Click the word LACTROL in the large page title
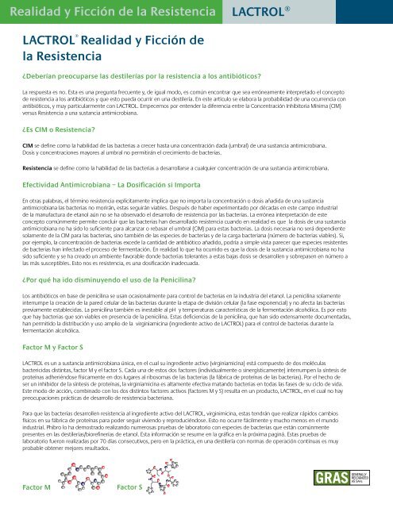(x=52, y=40)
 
